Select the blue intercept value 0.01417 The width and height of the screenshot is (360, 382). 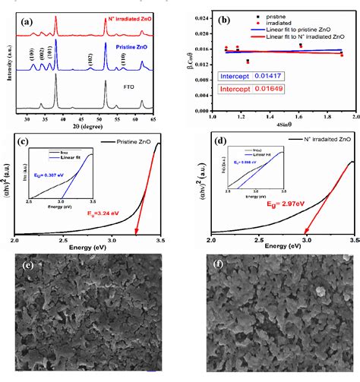[257, 77]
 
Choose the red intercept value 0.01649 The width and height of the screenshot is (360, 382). [257, 90]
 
